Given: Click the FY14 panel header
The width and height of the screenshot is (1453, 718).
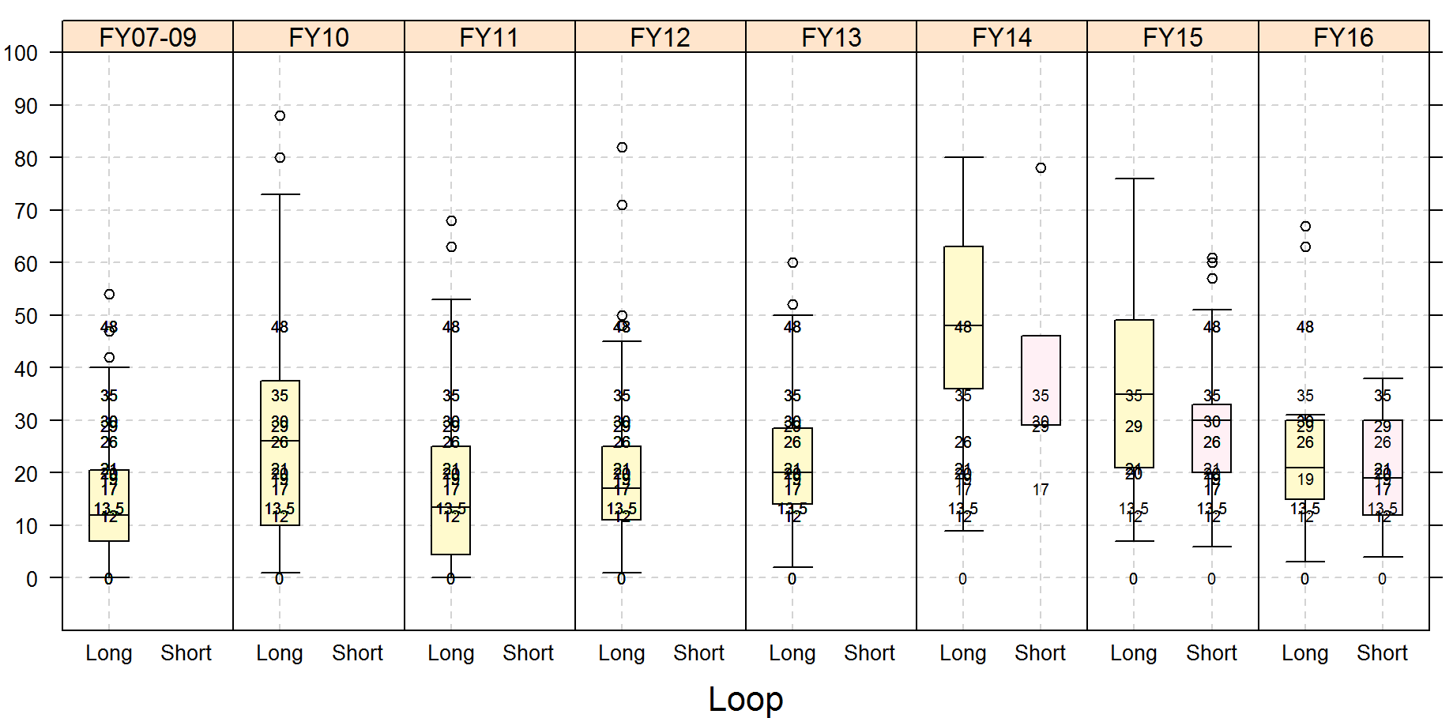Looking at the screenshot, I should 1001,37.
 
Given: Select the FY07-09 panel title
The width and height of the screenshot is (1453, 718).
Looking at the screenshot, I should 148,37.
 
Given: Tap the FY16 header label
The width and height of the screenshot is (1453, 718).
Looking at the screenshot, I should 1343,37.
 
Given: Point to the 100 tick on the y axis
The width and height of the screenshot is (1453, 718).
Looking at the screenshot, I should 21,54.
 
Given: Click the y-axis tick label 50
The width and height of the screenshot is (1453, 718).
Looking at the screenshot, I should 26,316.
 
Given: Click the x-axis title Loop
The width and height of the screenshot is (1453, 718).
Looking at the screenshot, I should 745,699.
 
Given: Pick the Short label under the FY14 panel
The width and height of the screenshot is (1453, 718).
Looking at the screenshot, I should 1040,653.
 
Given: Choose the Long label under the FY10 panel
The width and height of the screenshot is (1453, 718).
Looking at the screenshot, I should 280,653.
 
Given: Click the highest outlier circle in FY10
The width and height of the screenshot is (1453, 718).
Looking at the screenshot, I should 280,116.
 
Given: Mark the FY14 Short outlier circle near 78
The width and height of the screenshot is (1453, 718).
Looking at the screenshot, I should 1041,168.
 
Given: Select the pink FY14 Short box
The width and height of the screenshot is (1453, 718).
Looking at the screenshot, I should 1041,371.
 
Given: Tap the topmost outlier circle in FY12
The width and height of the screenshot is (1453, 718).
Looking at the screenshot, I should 622,148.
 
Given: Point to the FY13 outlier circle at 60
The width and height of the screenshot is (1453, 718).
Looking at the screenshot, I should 792,263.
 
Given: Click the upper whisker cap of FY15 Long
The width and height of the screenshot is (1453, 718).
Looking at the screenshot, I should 1134,179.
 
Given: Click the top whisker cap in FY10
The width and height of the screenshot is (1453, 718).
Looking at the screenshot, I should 280,194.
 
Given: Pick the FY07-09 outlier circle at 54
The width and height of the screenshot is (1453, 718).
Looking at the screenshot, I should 109,295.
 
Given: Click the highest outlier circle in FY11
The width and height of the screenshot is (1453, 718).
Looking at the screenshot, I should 451,221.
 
